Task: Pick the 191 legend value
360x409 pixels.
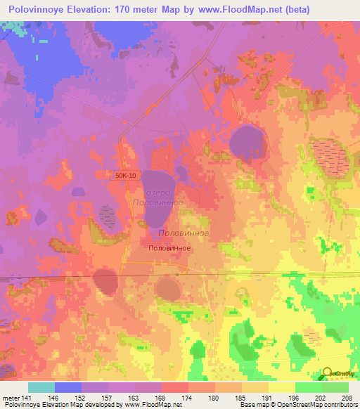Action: click(x=266, y=397)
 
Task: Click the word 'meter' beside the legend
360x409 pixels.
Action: click(x=12, y=397)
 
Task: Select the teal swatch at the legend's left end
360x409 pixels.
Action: click(x=41, y=387)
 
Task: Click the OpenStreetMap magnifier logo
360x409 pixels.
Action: click(x=327, y=375)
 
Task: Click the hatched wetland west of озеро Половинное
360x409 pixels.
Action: click(x=108, y=216)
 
